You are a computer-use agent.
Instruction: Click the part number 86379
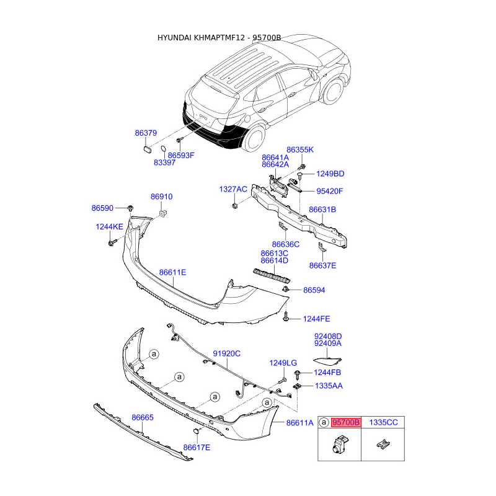146,133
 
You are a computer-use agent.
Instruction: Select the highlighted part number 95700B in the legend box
346,423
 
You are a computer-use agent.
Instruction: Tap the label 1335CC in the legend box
383,423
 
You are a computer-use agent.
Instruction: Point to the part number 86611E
172,272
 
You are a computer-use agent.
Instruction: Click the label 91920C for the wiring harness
226,353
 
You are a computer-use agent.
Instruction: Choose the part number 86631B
322,210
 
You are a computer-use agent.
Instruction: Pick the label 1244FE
316,319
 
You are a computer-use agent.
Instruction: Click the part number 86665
142,418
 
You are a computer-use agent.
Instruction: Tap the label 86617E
197,447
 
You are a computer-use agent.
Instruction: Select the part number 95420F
330,191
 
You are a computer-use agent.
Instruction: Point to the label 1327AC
233,188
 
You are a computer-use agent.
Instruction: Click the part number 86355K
300,149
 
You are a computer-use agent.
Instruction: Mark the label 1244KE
109,227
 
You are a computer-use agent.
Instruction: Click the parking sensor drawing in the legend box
340,444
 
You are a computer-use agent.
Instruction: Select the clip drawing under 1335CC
383,444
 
